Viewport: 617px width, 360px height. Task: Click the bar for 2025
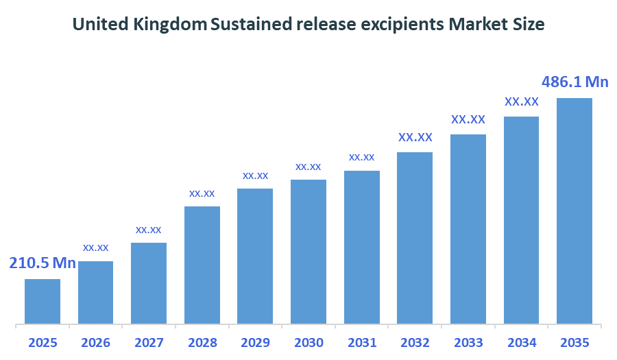coord(43,301)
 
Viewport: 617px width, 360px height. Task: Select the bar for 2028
coord(202,265)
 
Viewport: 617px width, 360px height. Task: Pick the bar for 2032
coord(414,237)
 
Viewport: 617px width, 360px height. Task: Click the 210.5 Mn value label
coord(42,263)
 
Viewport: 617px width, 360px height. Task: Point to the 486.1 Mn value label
coord(575,82)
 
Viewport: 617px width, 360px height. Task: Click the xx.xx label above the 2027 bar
coord(149,229)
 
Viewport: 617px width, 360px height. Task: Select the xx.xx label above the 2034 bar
coord(521,101)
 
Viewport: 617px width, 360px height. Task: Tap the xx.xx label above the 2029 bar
coord(255,176)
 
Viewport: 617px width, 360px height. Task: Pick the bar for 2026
coord(95,292)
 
